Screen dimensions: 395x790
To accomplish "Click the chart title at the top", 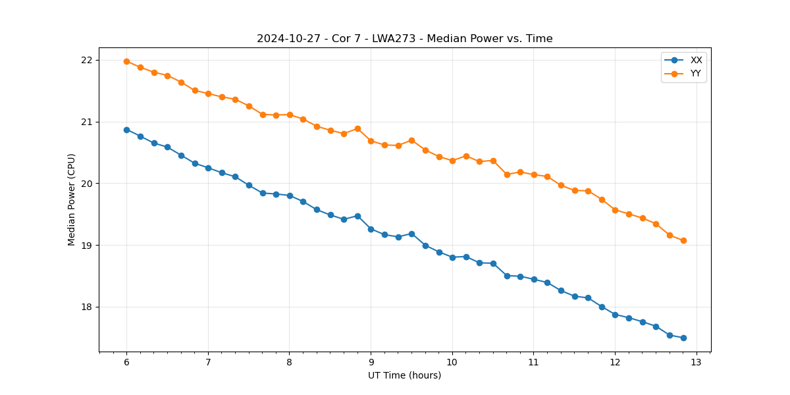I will click(x=404, y=39).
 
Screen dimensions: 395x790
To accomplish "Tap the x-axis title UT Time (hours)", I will click(x=404, y=375).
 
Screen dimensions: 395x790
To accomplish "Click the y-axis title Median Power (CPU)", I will click(x=72, y=199).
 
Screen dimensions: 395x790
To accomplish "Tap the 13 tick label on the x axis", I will click(x=697, y=363).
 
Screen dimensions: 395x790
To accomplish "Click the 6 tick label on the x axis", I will click(x=126, y=363).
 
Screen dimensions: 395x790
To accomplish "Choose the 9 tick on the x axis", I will click(x=371, y=363).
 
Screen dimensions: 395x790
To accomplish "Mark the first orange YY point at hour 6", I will click(x=126, y=61).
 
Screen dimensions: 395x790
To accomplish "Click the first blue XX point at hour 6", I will click(x=126, y=130).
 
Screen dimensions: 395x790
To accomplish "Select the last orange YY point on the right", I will click(x=683, y=240).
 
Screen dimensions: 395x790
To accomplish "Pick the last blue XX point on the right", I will click(x=683, y=338).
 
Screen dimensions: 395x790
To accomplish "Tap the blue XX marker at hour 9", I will click(x=371, y=229).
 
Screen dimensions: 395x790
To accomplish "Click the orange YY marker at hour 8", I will click(x=290, y=115).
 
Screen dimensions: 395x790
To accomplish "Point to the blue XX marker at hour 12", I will click(x=615, y=315).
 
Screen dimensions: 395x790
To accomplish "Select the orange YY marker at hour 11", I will click(x=534, y=174).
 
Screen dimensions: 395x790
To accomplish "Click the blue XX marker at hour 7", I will click(x=208, y=168).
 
